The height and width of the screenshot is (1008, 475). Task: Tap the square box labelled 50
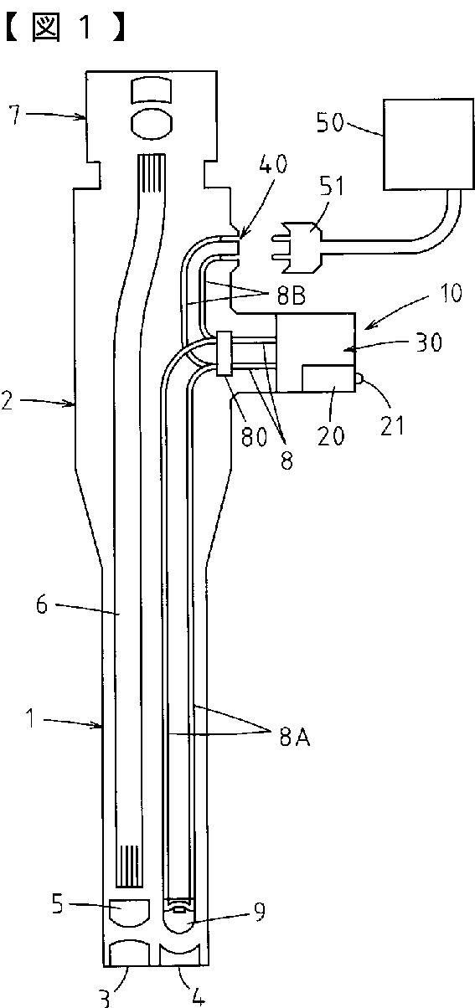429,144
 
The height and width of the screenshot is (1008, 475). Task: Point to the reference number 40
273,164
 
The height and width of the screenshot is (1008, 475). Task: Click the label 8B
291,296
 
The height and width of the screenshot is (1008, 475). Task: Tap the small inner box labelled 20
328,378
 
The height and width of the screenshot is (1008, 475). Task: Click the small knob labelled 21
359,379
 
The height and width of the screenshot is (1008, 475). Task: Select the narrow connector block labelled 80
225,353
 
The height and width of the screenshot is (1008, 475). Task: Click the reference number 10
448,293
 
